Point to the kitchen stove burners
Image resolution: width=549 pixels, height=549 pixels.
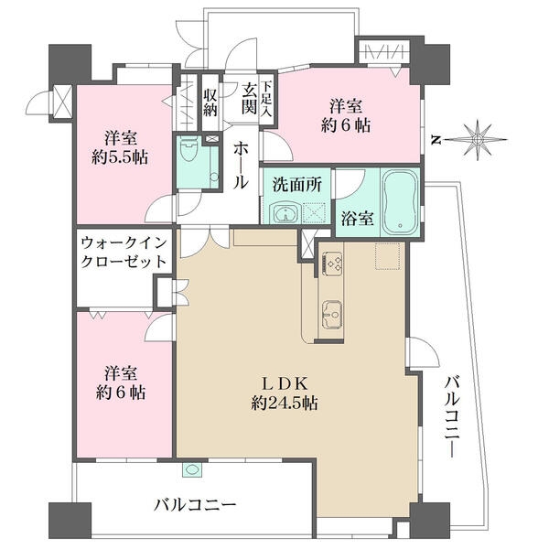[x=330, y=264]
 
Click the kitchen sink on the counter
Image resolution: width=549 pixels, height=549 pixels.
[x=330, y=314]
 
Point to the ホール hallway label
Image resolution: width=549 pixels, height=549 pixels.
[x=240, y=165]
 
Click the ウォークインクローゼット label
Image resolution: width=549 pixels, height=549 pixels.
[x=124, y=253]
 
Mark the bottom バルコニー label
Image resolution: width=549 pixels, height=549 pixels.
[x=195, y=504]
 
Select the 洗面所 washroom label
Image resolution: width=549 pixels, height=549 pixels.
[x=295, y=183]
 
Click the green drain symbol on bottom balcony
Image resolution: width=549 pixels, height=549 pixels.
[x=192, y=470]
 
